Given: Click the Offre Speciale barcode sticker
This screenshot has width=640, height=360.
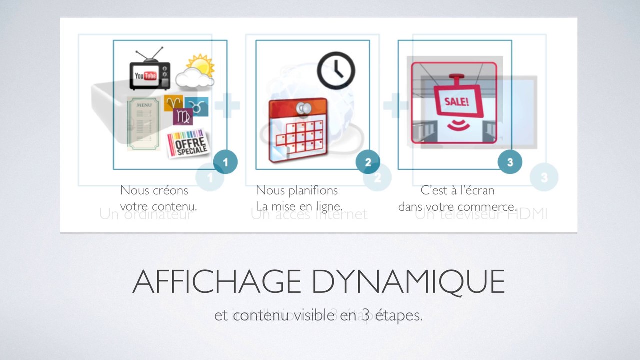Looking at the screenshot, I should [188, 143].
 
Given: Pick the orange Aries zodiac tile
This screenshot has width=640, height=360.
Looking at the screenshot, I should [173, 103].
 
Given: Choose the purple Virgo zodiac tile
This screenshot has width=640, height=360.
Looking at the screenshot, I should [183, 116].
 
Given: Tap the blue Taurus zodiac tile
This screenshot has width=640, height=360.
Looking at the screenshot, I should [198, 105].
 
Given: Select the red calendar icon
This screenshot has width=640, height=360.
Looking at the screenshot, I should [298, 130].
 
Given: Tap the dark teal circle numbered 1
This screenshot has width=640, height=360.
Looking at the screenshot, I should [225, 162].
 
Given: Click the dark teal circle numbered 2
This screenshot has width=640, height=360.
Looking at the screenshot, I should [368, 162].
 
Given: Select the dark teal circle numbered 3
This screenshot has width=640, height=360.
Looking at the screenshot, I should [510, 162].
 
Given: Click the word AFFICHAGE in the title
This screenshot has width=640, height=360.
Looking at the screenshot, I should [216, 282].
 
